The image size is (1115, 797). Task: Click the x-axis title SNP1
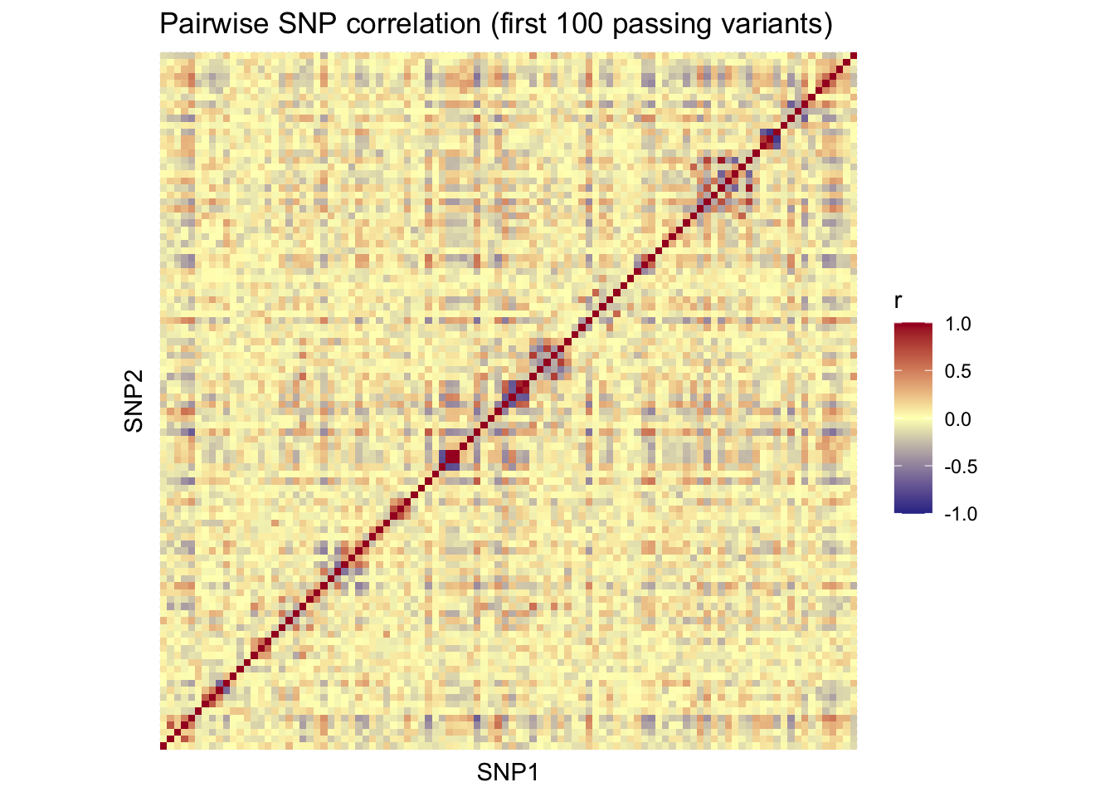(508, 773)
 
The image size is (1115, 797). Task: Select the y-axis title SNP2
(134, 401)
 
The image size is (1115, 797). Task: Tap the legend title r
(898, 302)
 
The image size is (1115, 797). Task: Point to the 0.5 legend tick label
(957, 372)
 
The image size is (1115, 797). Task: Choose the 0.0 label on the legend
(957, 419)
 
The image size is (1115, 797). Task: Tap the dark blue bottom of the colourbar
(913, 510)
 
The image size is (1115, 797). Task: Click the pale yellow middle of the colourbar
(913, 419)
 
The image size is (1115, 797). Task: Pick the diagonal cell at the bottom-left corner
(163, 746)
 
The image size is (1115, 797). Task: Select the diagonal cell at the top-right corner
(854, 55)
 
